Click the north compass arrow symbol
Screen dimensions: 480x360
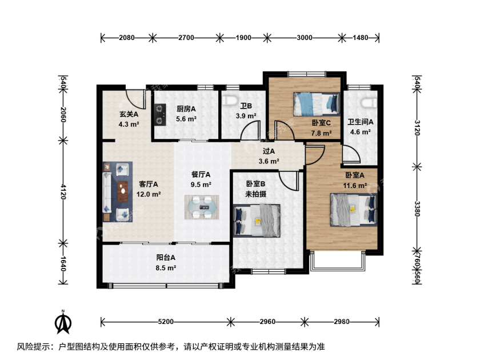point(63,322)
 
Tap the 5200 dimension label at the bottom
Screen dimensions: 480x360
point(166,322)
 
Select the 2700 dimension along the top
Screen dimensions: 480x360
point(186,38)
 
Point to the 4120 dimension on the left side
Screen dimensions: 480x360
point(63,191)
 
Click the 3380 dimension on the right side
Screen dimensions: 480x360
point(417,209)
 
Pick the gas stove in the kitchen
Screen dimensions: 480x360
point(159,115)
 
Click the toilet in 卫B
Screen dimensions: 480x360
point(230,101)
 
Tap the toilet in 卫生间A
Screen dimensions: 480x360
point(368,102)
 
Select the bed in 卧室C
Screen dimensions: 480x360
point(317,105)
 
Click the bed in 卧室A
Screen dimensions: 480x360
point(353,210)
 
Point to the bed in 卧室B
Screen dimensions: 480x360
point(257,221)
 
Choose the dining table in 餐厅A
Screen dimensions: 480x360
point(202,207)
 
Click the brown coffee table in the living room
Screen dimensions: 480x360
point(123,192)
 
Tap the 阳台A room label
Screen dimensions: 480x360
point(166,258)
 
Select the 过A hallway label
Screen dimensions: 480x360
point(269,151)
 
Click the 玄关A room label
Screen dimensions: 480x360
point(129,114)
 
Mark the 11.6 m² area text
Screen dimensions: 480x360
point(355,186)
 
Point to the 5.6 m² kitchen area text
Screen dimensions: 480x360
point(186,119)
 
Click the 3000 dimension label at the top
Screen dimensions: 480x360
point(305,38)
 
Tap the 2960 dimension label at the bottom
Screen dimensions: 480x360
point(267,322)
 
